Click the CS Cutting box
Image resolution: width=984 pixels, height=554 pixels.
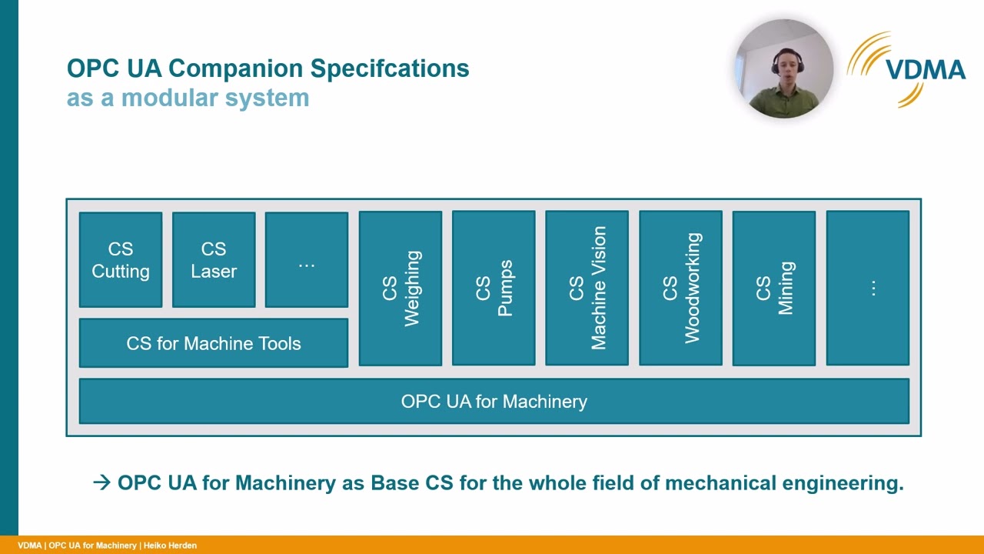click(x=121, y=260)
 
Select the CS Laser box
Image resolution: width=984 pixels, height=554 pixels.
click(x=214, y=260)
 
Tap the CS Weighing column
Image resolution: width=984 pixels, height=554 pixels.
click(x=401, y=288)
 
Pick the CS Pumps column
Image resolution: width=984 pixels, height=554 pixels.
click(x=494, y=288)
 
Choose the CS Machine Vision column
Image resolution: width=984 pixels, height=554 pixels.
click(x=587, y=288)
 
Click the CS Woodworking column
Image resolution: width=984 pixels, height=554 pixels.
click(x=680, y=288)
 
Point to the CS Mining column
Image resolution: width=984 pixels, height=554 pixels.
click(x=773, y=288)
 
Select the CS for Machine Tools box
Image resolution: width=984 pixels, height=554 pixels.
click(x=214, y=343)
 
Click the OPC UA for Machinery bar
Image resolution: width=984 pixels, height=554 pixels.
click(x=494, y=401)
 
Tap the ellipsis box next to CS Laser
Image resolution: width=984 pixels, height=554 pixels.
click(x=307, y=260)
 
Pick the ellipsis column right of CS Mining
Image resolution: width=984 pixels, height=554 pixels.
click(x=867, y=288)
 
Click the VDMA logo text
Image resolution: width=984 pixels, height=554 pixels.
click(x=925, y=71)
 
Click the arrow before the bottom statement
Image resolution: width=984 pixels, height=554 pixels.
click(x=101, y=482)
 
